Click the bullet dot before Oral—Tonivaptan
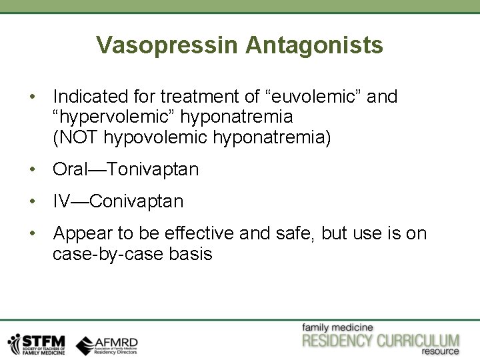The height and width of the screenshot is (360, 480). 33,169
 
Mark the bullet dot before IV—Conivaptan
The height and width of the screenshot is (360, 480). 33,201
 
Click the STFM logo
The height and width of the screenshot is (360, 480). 37,343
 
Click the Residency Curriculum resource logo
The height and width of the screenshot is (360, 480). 381,339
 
